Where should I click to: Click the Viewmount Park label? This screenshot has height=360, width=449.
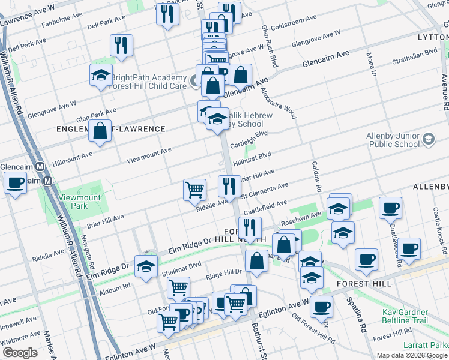pos(80,202)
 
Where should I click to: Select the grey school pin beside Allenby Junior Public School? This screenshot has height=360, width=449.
pos(428,139)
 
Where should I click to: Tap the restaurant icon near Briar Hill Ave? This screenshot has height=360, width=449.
pos(229,187)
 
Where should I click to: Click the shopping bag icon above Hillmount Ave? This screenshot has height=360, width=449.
pos(100,131)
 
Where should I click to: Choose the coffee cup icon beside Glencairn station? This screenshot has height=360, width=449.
pos(15,182)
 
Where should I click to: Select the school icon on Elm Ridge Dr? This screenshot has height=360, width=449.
pos(146,266)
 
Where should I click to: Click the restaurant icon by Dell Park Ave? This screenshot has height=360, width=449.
pos(122,45)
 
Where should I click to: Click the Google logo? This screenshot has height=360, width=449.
pos(19,353)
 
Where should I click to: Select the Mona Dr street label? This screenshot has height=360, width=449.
pos(370,65)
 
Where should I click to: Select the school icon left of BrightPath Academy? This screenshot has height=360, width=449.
pos(100,76)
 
